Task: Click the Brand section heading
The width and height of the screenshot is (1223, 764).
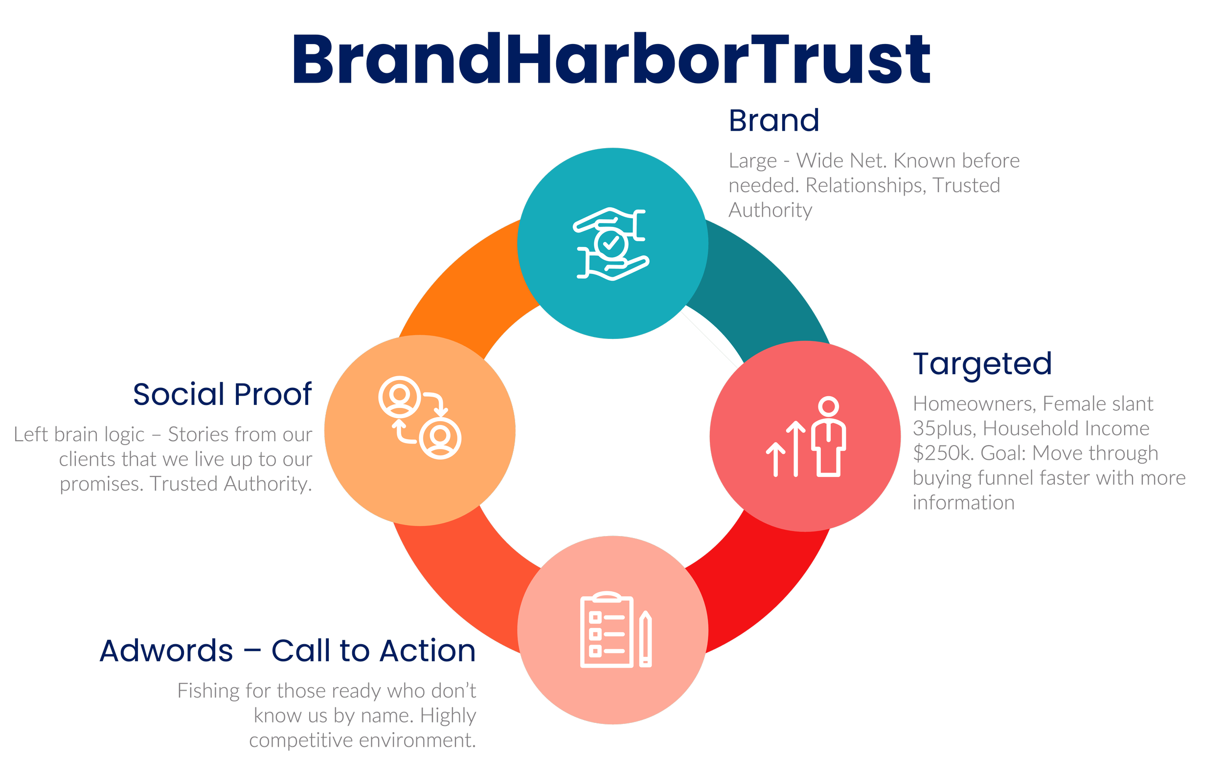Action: [774, 121]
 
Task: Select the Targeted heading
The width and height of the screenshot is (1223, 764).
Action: [982, 364]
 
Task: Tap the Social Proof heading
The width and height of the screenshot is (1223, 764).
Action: [223, 394]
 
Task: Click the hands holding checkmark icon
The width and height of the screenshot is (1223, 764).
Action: [611, 243]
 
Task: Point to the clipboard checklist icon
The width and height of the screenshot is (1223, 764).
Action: [607, 630]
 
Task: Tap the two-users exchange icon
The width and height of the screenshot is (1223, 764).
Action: [419, 417]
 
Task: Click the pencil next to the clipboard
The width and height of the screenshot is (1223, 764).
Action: [645, 639]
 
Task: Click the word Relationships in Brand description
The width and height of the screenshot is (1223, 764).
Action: [865, 185]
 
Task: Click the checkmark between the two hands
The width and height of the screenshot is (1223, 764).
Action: [611, 244]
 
